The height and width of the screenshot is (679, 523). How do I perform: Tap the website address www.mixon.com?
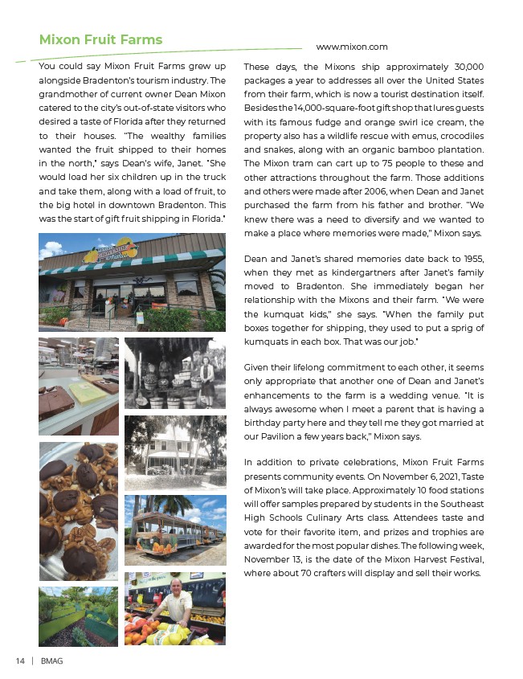click(x=352, y=47)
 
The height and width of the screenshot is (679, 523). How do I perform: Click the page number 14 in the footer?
click(x=20, y=661)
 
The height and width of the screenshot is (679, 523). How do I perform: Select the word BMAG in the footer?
click(x=54, y=661)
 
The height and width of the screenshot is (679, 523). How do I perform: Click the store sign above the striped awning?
click(x=112, y=249)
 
